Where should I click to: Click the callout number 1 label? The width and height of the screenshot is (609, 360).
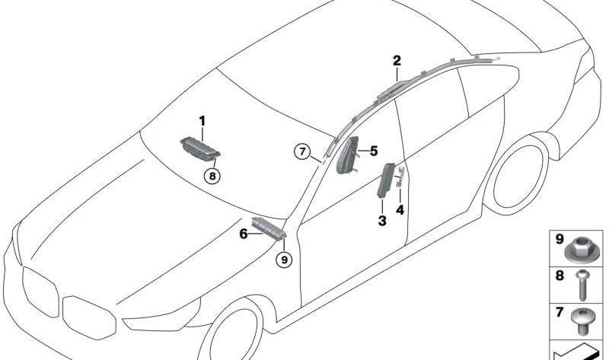click(202, 121)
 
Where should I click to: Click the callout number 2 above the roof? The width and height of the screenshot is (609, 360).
click(397, 61)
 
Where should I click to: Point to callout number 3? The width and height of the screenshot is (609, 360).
click(382, 221)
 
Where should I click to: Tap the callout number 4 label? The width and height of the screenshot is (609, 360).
click(400, 210)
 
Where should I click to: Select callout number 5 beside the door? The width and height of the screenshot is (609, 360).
click(374, 151)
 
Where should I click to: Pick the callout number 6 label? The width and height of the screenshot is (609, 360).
click(243, 234)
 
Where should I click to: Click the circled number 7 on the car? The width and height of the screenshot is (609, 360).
click(302, 151)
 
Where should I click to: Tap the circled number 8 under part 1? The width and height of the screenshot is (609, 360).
click(212, 177)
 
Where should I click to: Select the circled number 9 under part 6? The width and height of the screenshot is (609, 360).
click(284, 260)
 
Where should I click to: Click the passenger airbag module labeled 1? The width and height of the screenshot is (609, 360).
click(200, 148)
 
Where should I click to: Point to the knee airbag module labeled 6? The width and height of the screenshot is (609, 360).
click(269, 228)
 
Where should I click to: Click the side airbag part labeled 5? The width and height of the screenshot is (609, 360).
click(347, 155)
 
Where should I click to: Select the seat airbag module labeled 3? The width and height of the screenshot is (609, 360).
click(386, 180)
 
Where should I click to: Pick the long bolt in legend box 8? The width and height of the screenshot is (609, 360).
click(582, 285)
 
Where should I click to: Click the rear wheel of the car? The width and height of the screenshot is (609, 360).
click(517, 177)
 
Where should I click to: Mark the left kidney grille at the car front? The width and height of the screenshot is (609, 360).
click(40, 292)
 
